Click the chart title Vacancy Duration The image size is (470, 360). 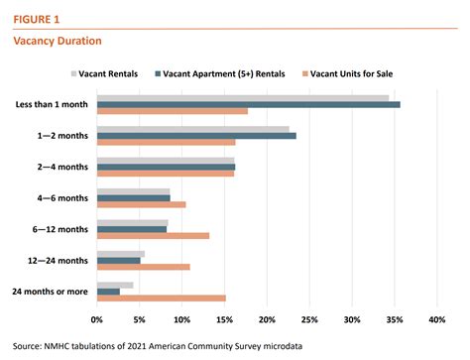pyautogui.click(x=56, y=42)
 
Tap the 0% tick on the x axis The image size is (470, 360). pyautogui.click(x=97, y=320)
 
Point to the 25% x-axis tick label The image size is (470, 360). pyautogui.click(x=309, y=320)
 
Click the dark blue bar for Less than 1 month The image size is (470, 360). pyautogui.click(x=248, y=104)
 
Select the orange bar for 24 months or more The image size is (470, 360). pyautogui.click(x=161, y=298)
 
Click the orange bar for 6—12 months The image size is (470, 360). pyautogui.click(x=153, y=235)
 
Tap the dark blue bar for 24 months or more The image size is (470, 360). pyautogui.click(x=108, y=291)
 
